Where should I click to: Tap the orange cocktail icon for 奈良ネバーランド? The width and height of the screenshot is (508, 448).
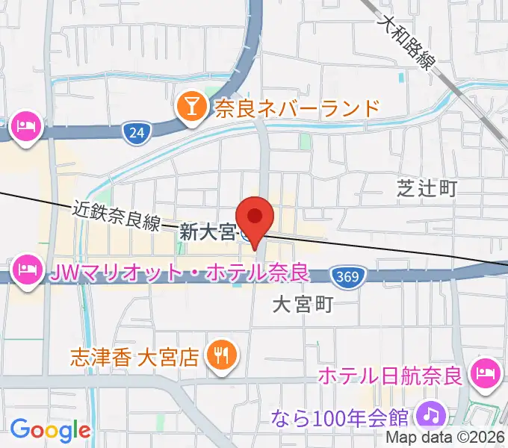tap(192, 109)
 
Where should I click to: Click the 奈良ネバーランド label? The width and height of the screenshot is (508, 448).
tap(297, 109)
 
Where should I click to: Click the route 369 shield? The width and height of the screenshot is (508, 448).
tap(345, 277)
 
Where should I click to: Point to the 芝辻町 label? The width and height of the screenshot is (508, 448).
tap(427, 189)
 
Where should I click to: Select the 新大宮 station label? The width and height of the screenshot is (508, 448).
tap(208, 233)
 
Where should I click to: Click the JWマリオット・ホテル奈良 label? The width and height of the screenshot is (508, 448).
tap(179, 272)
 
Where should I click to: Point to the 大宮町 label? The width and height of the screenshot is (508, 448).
tap(301, 304)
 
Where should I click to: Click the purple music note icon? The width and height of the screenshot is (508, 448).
tap(430, 413)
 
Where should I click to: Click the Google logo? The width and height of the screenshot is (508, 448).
tap(50, 431)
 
